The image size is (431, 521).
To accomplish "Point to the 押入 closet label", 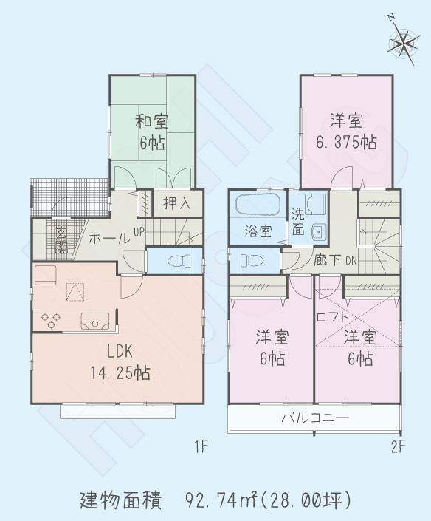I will point(176,202).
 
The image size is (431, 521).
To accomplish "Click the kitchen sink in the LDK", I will point(95,321).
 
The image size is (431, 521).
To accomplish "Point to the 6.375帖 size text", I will point(345,142).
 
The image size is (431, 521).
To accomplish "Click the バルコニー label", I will point(314,418).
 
